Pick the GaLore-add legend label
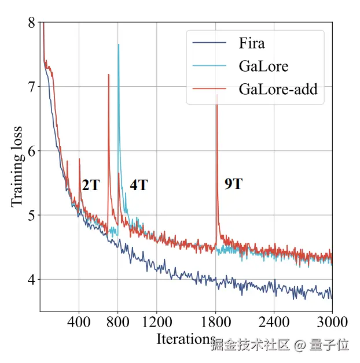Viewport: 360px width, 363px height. point(278,90)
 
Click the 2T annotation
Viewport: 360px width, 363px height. point(90,186)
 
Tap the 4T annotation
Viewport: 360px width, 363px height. point(138,186)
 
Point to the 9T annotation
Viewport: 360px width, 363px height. point(233,184)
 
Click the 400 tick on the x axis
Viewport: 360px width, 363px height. point(79,321)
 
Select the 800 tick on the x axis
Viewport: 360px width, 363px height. point(118,321)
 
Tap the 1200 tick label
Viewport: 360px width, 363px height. point(157,321)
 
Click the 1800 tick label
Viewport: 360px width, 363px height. point(215,321)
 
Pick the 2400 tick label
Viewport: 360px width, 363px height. point(274,321)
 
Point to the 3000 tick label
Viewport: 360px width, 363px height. point(332,321)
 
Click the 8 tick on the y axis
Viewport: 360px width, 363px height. point(31,23)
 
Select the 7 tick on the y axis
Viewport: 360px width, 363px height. point(31,87)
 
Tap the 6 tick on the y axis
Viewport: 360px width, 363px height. point(31,151)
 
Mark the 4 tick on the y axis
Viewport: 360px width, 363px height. point(31,280)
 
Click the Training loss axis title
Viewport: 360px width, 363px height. point(17,166)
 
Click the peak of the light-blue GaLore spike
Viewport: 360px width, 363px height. point(119,45)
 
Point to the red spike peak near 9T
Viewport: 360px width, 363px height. point(216,96)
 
